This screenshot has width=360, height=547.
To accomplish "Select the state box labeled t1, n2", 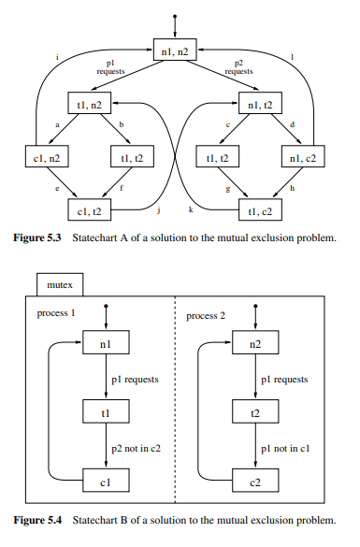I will point(89,105).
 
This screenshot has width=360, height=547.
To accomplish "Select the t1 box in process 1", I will point(104,413).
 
